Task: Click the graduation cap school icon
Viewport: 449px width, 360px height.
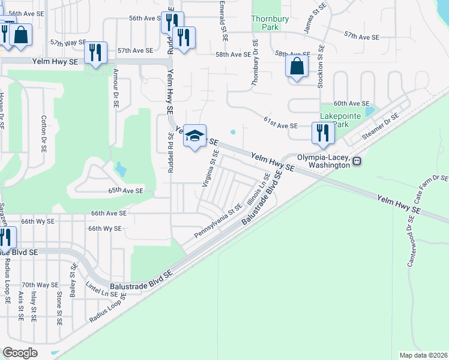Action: (195, 136)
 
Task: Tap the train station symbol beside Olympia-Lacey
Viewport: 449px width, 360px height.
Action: (357, 161)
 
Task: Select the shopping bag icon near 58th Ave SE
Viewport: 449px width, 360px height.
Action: (297, 66)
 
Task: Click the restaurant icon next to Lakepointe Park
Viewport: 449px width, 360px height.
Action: (323, 133)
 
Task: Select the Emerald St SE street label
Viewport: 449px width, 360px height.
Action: (223, 21)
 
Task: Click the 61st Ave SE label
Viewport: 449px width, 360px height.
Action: (280, 122)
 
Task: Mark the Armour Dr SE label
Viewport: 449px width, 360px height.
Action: (115, 88)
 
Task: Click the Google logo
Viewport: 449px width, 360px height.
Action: (20, 353)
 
